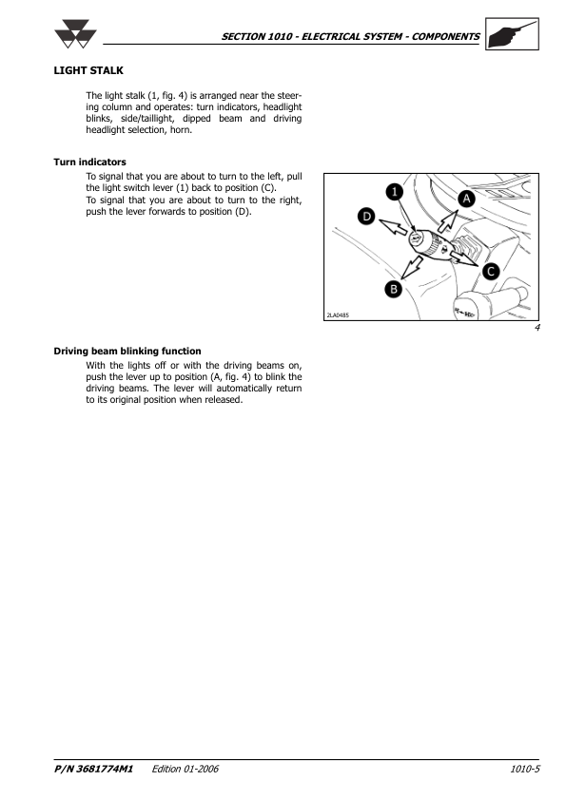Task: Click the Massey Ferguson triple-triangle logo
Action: pyautogui.click(x=75, y=34)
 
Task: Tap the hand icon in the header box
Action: pyautogui.click(x=512, y=33)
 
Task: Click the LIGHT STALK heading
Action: pyautogui.click(x=88, y=70)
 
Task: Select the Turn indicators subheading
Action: pyautogui.click(x=90, y=162)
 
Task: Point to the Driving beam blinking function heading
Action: pyautogui.click(x=127, y=351)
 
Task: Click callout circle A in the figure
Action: pyautogui.click(x=466, y=199)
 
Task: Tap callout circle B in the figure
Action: pyautogui.click(x=393, y=289)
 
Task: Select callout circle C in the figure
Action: pyautogui.click(x=491, y=271)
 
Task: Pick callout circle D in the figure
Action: pyautogui.click(x=366, y=217)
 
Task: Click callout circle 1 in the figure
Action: pyautogui.click(x=395, y=192)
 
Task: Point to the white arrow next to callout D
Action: pyautogui.click(x=393, y=227)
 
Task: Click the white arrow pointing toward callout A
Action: pyautogui.click(x=448, y=221)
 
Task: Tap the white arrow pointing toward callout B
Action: pyautogui.click(x=412, y=267)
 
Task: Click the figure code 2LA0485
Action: pyautogui.click(x=338, y=315)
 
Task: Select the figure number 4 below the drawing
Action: pyautogui.click(x=537, y=328)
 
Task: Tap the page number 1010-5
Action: pyautogui.click(x=525, y=769)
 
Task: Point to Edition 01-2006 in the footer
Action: pyautogui.click(x=185, y=769)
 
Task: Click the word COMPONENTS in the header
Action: pyautogui.click(x=445, y=37)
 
